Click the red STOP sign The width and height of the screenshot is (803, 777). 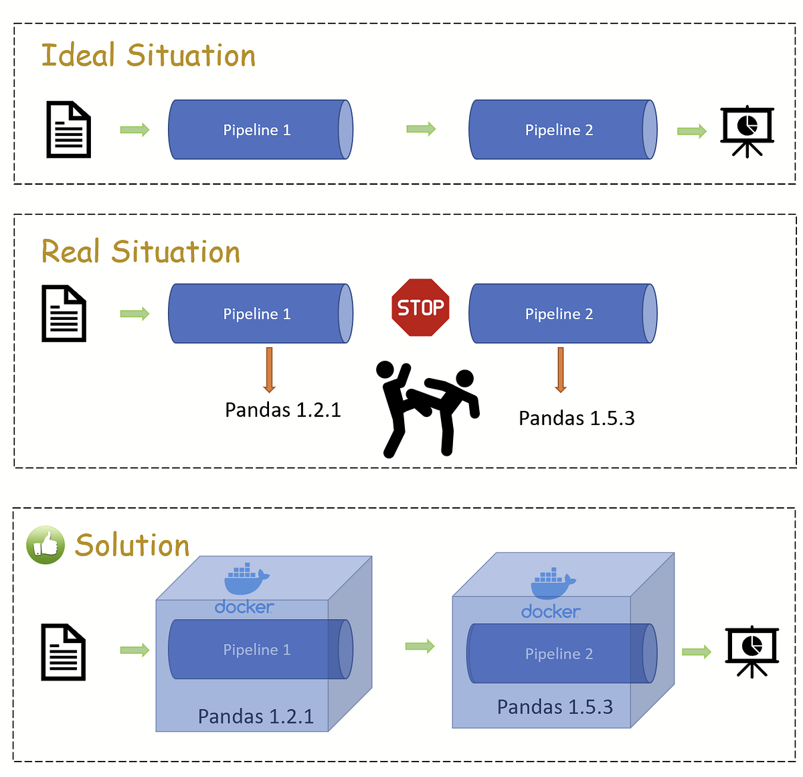420,307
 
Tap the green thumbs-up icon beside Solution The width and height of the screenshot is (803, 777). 46,545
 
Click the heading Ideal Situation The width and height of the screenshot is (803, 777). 148,56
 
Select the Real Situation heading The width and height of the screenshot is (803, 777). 141,252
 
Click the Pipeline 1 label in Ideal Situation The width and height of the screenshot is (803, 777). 257,130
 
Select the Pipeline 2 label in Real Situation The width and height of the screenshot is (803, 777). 559,314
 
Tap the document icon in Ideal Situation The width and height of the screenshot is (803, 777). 68,130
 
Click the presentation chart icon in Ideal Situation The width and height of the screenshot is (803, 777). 747,131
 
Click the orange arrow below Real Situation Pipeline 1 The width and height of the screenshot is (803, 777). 269,369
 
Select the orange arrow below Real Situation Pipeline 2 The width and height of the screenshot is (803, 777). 561,369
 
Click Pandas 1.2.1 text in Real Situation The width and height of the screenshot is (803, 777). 282,410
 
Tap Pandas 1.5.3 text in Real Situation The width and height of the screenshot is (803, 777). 576,418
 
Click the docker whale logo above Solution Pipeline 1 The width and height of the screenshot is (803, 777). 246,580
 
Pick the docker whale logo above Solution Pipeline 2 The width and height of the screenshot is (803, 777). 552,584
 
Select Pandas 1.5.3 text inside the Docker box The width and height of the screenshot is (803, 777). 555,707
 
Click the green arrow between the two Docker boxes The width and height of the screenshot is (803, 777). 420,646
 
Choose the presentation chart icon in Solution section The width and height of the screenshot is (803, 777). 752,651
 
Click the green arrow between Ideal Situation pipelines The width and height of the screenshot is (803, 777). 421,129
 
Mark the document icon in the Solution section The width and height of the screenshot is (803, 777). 64,652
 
